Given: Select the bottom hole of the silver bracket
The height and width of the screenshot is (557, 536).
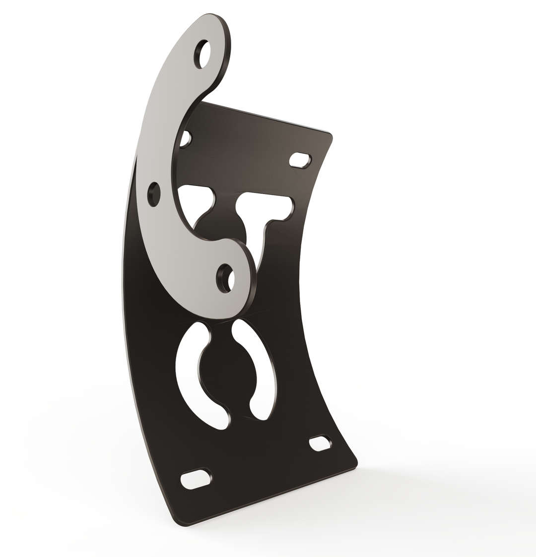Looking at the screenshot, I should pyautogui.click(x=226, y=278).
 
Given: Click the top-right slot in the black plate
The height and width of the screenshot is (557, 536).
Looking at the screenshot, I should pyautogui.click(x=300, y=160).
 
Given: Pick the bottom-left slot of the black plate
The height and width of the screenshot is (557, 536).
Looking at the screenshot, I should pyautogui.click(x=195, y=479).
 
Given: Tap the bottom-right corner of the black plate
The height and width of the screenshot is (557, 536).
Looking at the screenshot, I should pyautogui.click(x=354, y=463).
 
